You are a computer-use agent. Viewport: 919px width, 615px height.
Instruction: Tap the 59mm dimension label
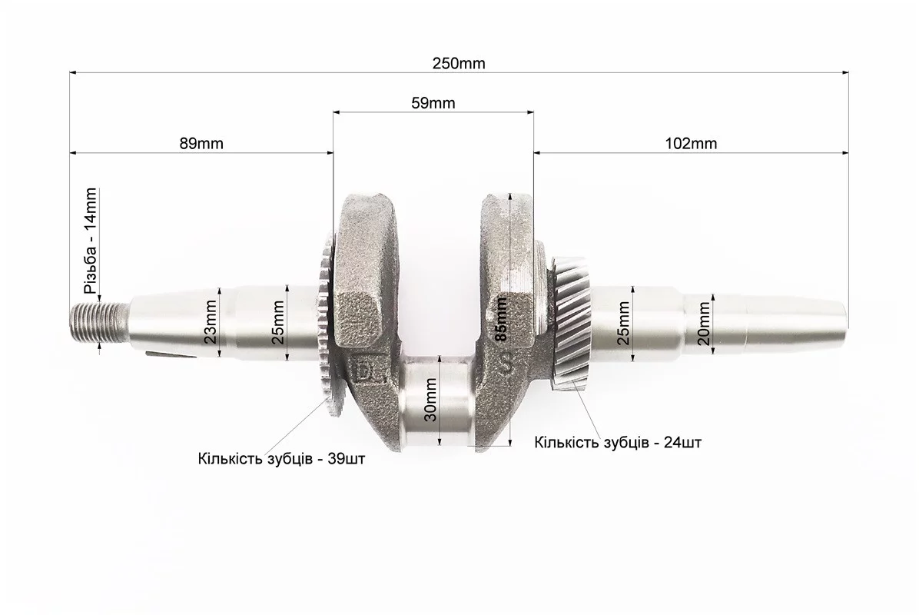pyautogui.click(x=433, y=103)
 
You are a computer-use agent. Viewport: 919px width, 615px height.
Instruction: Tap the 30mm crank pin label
pyautogui.click(x=430, y=400)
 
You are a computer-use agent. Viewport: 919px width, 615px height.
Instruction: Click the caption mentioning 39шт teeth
pyautogui.click(x=281, y=460)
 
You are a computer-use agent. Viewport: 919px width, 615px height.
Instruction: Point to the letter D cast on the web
pyautogui.click(x=367, y=372)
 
